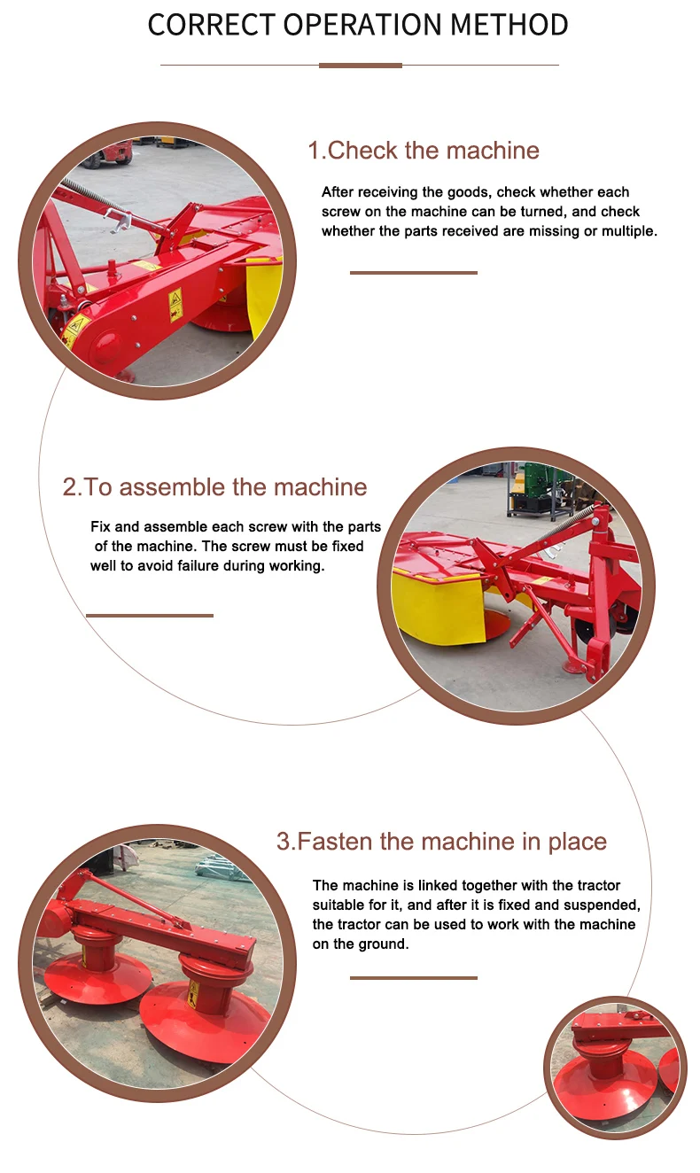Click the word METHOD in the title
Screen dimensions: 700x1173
click(509, 25)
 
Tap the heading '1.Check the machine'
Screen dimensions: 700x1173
click(424, 151)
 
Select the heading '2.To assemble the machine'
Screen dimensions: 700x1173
click(214, 487)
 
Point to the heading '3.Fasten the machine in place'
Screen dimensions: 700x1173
click(441, 842)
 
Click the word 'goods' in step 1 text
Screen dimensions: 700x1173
click(469, 193)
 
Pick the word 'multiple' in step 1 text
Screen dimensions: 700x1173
click(629, 231)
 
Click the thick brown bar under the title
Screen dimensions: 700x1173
click(361, 66)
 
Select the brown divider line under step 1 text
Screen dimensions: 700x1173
click(414, 273)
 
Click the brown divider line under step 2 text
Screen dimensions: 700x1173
click(150, 616)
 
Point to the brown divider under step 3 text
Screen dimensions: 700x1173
click(414, 978)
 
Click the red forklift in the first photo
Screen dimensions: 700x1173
click(112, 151)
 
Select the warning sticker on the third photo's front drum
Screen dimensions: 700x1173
click(193, 994)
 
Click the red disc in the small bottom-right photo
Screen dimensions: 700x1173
click(603, 1085)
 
